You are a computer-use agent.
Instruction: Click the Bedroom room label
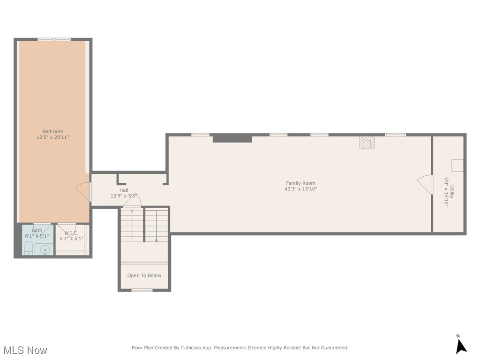tap(52, 132)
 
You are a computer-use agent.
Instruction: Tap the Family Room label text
tap(300, 183)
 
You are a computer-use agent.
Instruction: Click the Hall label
tap(124, 190)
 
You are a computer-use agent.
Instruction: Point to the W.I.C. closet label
tap(71, 233)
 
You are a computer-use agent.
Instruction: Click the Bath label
tap(37, 231)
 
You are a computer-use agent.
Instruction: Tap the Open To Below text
tap(144, 276)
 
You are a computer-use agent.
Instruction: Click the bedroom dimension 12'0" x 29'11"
tap(53, 138)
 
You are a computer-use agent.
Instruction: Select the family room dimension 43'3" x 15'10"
tap(300, 189)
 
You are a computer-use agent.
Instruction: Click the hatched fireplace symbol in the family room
tap(367, 142)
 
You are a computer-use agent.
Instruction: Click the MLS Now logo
tap(25, 350)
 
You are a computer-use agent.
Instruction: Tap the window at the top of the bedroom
tap(54, 39)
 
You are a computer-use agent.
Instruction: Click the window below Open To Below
tap(142, 290)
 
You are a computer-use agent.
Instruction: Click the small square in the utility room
tap(457, 165)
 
